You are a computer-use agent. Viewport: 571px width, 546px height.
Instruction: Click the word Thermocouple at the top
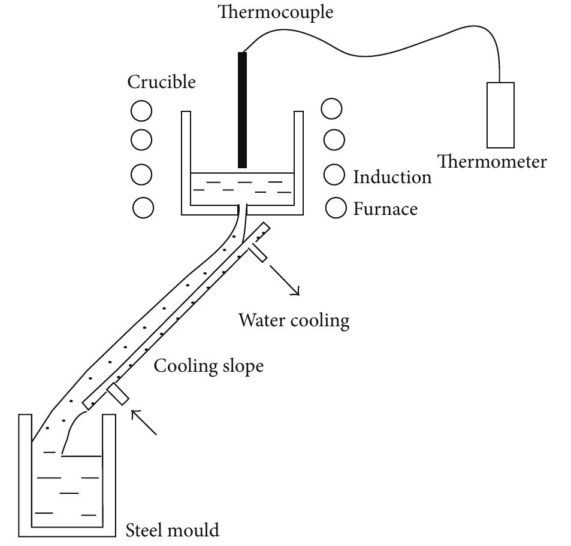click(276, 11)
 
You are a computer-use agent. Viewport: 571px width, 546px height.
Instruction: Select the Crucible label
click(161, 81)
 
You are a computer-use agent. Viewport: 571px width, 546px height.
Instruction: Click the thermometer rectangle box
click(500, 115)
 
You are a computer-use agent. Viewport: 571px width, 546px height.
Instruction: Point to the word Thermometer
click(491, 162)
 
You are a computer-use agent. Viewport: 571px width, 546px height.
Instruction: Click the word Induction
click(392, 177)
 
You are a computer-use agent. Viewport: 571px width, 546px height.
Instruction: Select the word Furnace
click(385, 209)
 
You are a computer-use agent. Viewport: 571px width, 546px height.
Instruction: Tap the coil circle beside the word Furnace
click(336, 208)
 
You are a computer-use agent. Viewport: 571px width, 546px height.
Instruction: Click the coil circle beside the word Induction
click(334, 175)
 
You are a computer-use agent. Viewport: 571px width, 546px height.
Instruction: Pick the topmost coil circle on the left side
click(141, 111)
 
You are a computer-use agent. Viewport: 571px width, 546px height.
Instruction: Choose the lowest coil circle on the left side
click(143, 208)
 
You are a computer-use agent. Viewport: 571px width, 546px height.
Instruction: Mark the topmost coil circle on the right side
click(332, 109)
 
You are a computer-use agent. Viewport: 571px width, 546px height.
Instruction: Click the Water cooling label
click(294, 320)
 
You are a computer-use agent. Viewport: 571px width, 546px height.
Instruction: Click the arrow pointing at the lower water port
click(144, 421)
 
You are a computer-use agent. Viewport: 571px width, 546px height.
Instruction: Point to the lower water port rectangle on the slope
click(117, 394)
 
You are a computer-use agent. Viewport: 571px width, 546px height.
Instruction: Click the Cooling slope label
click(209, 365)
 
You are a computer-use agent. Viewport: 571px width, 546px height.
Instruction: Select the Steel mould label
click(172, 530)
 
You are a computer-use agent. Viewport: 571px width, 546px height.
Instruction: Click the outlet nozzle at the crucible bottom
click(243, 211)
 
